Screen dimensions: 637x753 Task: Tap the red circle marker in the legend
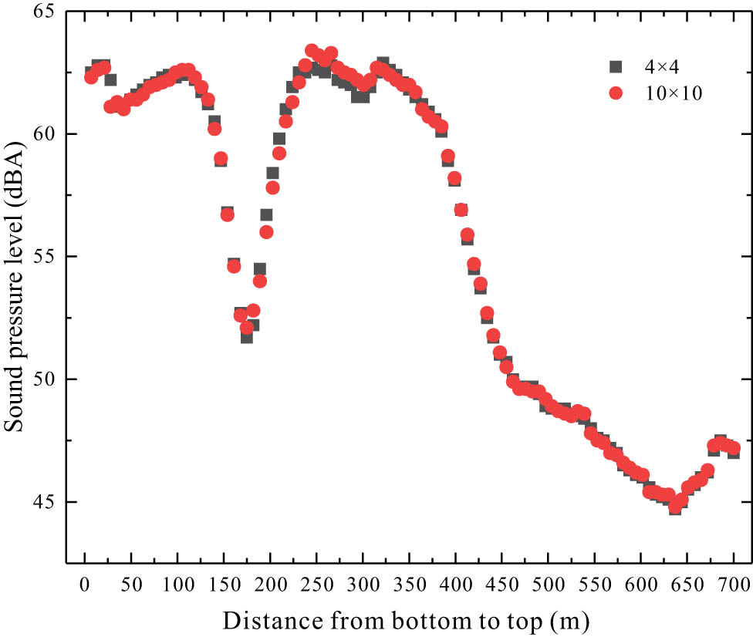click(615, 93)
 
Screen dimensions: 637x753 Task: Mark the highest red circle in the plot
click(312, 51)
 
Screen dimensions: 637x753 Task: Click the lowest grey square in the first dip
click(247, 336)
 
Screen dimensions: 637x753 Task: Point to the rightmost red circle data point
click(734, 448)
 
